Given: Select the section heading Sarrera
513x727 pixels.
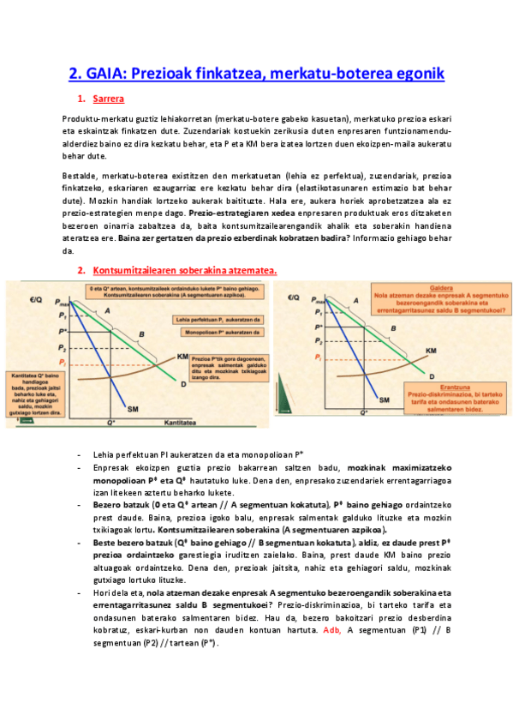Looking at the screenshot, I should pyautogui.click(x=108, y=99).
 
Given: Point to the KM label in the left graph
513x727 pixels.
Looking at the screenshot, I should pyautogui.click(x=182, y=355).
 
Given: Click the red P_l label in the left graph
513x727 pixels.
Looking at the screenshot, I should pyautogui.click(x=61, y=363).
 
